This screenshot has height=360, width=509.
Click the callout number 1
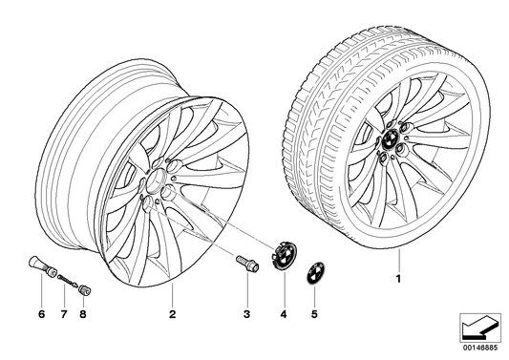coord(398,279)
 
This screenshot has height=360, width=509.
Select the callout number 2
coord(172,314)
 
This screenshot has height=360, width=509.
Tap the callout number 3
coord(247,314)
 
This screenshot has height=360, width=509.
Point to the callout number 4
coord(284,314)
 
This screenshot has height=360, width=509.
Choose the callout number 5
coord(314,314)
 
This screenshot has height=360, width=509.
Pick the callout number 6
coord(42,314)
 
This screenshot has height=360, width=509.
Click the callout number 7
coord(64,314)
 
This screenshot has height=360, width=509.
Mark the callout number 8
coord(83,314)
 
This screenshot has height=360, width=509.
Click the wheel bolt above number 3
coord(247,264)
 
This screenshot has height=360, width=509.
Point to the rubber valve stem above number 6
coord(42,265)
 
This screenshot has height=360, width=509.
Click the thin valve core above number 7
coord(68,281)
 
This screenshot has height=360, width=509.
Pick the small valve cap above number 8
coord(85,289)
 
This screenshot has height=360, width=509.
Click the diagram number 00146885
coord(480,348)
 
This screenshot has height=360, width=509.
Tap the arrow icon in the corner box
coord(479,328)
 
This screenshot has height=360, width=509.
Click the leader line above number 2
coord(172,295)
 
